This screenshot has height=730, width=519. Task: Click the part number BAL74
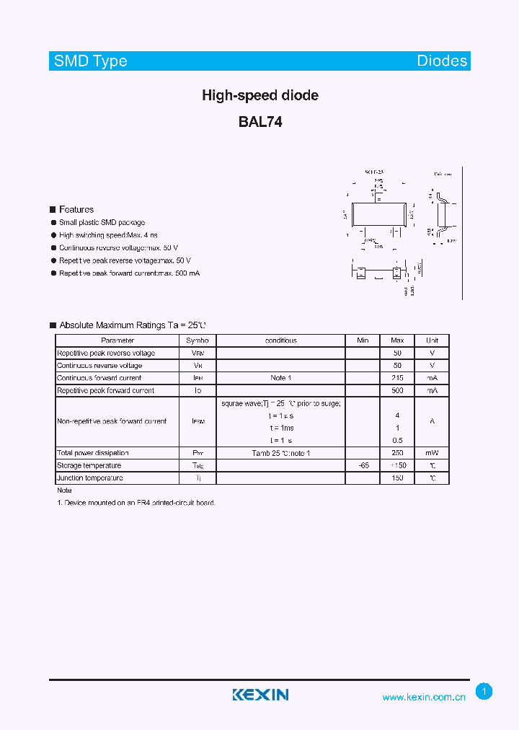click(260, 123)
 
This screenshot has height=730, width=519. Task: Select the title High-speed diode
click(260, 95)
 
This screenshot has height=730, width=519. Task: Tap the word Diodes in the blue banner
click(442, 61)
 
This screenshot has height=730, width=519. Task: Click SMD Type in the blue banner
click(91, 61)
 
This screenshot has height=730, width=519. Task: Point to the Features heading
click(76, 209)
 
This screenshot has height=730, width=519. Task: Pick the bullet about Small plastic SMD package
click(102, 223)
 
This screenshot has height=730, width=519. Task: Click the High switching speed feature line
click(108, 236)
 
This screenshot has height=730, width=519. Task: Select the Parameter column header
click(117, 340)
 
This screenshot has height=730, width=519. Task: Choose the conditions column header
click(281, 340)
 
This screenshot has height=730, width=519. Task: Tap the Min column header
click(363, 340)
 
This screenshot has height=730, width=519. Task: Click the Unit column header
click(432, 340)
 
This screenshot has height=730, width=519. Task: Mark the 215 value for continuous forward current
click(397, 378)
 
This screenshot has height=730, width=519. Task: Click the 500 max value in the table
click(397, 390)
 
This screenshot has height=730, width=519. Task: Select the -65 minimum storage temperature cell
click(363, 466)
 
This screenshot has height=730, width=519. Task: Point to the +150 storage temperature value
click(398, 466)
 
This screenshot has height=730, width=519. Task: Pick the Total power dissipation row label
click(93, 453)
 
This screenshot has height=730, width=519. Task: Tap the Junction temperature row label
click(90, 478)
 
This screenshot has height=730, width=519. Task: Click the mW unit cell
click(432, 453)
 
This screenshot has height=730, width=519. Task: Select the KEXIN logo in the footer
click(260, 695)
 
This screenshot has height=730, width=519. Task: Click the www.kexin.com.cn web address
click(424, 698)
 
